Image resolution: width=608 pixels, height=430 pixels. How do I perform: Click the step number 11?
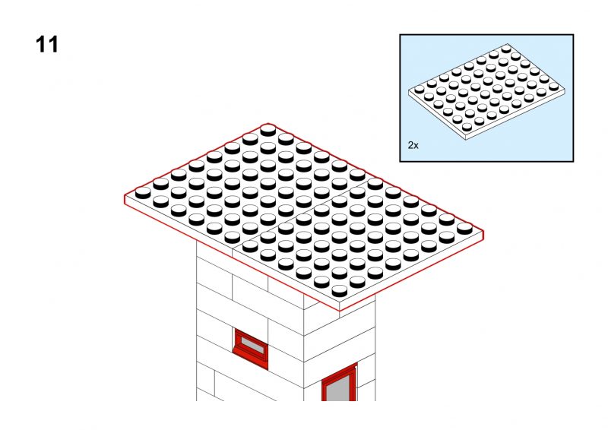pos(47,45)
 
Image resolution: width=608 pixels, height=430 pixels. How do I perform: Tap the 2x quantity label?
pos(413,145)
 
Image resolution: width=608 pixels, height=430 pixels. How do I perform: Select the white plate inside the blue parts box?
pos(486,92)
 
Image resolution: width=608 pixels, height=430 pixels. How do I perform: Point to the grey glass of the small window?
pos(252,345)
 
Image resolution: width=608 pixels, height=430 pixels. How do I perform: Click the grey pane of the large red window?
pos(340,387)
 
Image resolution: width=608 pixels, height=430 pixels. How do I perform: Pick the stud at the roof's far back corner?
pos(268,130)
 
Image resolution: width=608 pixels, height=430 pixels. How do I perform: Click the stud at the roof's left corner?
pos(143,193)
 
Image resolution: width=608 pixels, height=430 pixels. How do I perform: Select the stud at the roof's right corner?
pos(464,229)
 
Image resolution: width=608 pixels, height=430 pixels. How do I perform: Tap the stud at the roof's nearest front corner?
pos(340,291)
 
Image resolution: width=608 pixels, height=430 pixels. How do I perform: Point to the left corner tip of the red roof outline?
pos(125,195)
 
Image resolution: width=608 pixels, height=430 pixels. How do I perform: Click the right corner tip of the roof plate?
pos(483,231)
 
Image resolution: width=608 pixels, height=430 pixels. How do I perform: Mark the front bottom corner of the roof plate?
pos(340,311)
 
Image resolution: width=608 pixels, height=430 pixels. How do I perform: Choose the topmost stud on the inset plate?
pos(506,49)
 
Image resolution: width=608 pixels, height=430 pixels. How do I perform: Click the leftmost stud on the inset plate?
pos(420,89)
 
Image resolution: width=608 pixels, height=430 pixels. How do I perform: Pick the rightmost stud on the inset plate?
pos(554,86)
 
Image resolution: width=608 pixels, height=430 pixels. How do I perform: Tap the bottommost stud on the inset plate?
pos(467,127)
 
